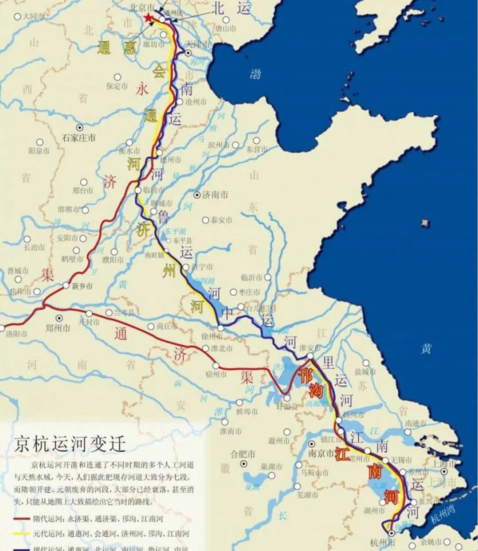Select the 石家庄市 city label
click(x=78, y=138)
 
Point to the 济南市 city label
click(x=215, y=195)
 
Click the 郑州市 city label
click(x=58, y=328)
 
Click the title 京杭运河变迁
click(x=70, y=443)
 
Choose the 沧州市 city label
click(x=196, y=102)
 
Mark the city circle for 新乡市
click(x=66, y=285)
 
